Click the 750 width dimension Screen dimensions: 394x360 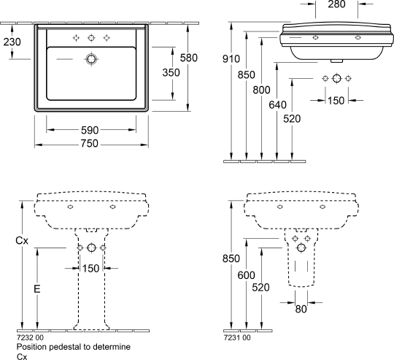point(90,144)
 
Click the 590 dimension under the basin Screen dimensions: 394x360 point(90,130)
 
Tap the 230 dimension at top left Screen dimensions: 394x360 point(12,42)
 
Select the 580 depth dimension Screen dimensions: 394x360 point(189,58)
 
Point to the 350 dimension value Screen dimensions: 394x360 point(171,72)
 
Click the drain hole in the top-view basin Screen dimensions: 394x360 point(91,59)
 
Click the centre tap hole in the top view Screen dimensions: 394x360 point(91,38)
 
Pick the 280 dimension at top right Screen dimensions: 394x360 point(336,4)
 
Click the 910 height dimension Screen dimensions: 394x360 point(231,59)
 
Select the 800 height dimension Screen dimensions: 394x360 point(262,90)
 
